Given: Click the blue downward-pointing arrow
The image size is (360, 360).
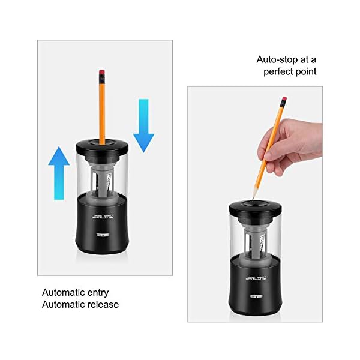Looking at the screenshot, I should tap(143, 125).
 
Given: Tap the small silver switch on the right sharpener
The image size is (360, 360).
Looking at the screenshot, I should tap(255, 296).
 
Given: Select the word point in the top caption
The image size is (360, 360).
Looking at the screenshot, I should tap(307, 71).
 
